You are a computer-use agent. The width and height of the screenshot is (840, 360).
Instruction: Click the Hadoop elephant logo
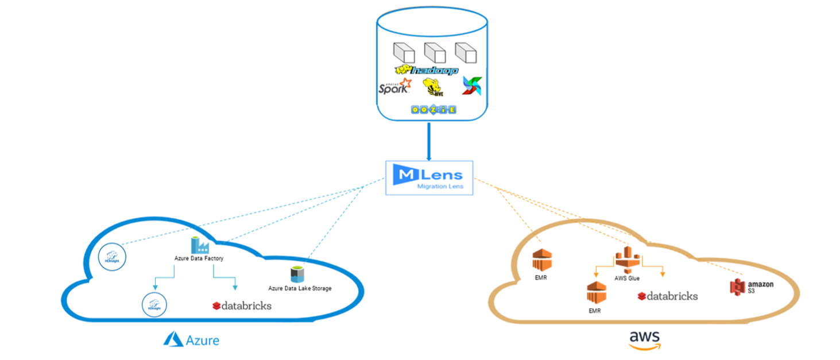[426, 70]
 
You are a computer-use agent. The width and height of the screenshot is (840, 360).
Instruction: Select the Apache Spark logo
[396, 87]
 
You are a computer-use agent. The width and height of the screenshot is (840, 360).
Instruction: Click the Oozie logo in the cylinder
[433, 109]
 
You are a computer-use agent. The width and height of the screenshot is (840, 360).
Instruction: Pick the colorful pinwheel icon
[472, 86]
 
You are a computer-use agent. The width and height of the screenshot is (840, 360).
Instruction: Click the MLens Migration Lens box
[429, 177]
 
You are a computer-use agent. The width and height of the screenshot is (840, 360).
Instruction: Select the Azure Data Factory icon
[199, 245]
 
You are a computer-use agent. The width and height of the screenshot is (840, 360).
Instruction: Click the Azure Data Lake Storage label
[300, 288]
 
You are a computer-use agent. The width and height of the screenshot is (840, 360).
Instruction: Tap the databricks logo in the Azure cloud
[241, 305]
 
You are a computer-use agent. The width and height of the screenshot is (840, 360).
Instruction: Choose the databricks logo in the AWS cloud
[667, 296]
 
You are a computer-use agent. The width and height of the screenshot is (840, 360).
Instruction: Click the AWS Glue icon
[626, 260]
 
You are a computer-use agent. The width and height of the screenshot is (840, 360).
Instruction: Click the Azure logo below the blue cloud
[192, 340]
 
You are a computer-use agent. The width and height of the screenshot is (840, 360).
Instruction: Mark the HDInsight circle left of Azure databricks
[153, 303]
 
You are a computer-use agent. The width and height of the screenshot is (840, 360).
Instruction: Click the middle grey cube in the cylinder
[434, 53]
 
